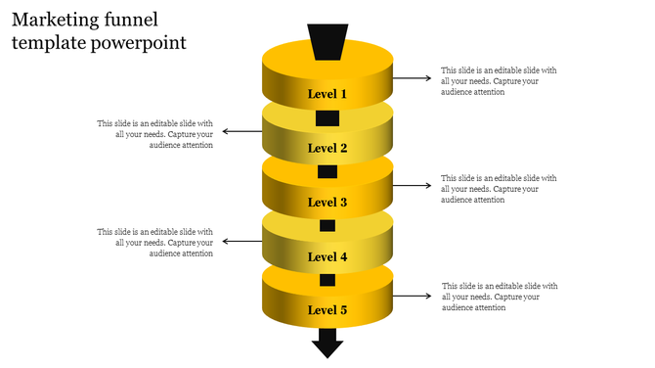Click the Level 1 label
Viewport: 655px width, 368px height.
(x=327, y=95)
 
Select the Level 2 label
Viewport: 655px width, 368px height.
(x=327, y=149)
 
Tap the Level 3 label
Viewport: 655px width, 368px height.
(x=327, y=203)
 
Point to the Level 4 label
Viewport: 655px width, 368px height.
(x=327, y=257)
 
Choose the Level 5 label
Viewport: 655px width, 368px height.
(x=327, y=310)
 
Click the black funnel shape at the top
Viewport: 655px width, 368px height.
(x=327, y=41)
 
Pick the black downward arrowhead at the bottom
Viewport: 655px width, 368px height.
(x=327, y=344)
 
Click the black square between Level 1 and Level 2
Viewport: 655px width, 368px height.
(x=327, y=119)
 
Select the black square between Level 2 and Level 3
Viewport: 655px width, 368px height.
(x=327, y=172)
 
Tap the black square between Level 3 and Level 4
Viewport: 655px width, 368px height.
(x=327, y=226)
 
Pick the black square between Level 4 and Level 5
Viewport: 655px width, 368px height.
(x=327, y=281)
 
